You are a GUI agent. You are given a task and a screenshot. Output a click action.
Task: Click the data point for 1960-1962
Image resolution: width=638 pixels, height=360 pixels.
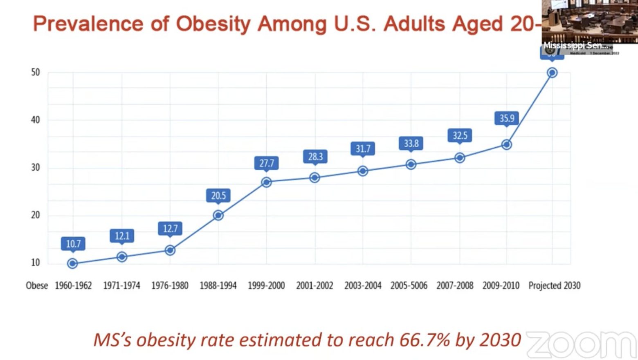[x=73, y=263]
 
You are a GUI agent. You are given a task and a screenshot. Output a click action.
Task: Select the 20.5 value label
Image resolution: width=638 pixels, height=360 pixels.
[x=218, y=196]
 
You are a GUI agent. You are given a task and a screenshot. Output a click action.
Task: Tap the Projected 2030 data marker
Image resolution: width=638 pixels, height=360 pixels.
[x=552, y=73]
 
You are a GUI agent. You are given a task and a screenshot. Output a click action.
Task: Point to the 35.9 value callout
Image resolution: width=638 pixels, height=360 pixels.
[x=507, y=118]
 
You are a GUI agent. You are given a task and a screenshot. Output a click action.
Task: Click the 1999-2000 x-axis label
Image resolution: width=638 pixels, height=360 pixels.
[x=266, y=286]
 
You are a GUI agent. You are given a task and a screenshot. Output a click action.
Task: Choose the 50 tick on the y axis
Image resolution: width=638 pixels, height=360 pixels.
[x=36, y=72]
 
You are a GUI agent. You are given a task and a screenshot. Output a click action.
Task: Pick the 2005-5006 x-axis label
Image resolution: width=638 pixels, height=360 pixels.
[x=409, y=286]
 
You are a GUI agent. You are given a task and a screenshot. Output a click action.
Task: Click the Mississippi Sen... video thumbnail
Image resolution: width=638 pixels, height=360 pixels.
[x=589, y=22]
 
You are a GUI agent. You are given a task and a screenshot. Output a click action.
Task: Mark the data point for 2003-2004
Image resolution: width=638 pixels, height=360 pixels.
[x=363, y=171]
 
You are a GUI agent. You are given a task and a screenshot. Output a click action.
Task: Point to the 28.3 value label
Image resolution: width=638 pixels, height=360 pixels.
[x=315, y=156]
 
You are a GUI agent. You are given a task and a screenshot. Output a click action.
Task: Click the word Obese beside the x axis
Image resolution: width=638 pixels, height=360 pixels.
[x=37, y=286]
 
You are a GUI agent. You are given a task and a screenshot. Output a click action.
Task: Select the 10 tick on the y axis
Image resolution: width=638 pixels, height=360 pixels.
[x=36, y=263]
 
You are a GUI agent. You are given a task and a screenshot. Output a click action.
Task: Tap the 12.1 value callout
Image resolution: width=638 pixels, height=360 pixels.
[x=122, y=236]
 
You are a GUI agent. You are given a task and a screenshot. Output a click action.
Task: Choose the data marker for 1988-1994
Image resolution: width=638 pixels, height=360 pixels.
[x=218, y=215]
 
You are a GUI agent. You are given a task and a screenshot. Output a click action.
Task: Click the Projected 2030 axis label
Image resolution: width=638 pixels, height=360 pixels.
[x=554, y=286]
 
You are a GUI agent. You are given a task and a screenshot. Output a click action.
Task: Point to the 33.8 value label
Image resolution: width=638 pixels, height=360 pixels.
[x=411, y=143]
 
